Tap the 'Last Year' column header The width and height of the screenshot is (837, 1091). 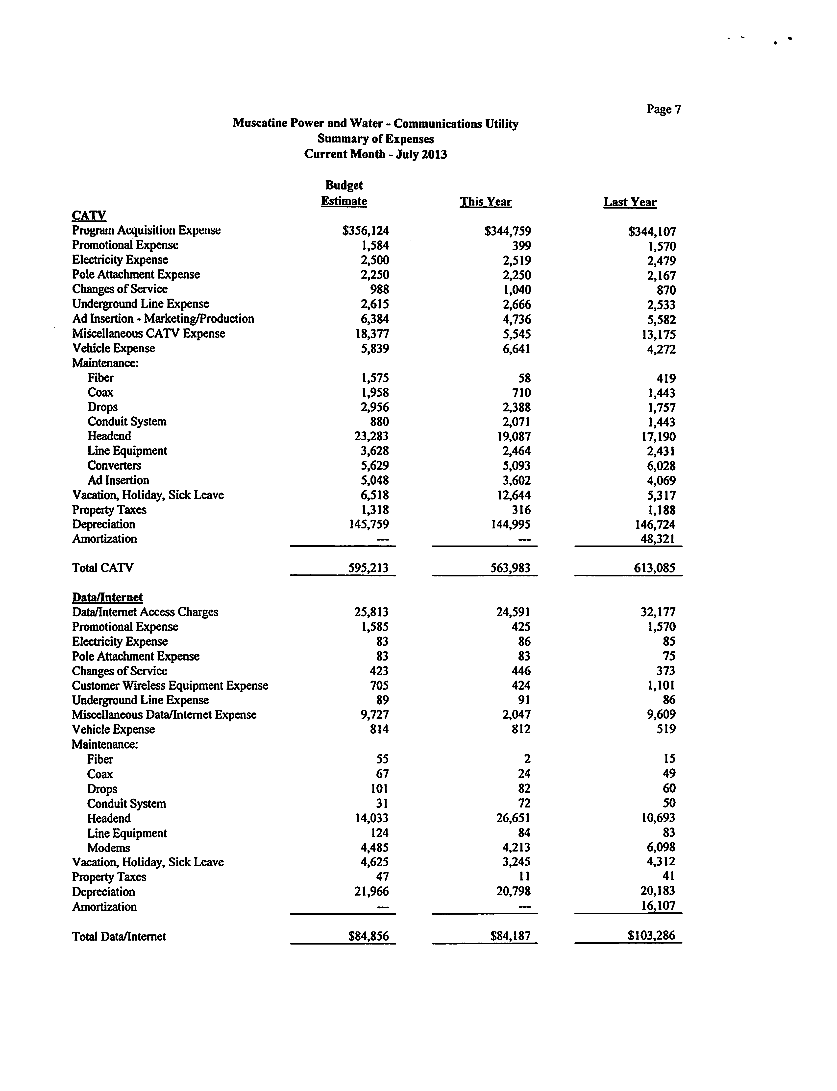click(630, 202)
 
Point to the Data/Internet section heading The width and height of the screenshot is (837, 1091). click(107, 597)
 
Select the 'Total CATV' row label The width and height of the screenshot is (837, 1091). click(103, 568)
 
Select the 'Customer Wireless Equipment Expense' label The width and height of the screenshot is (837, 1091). click(170, 686)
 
